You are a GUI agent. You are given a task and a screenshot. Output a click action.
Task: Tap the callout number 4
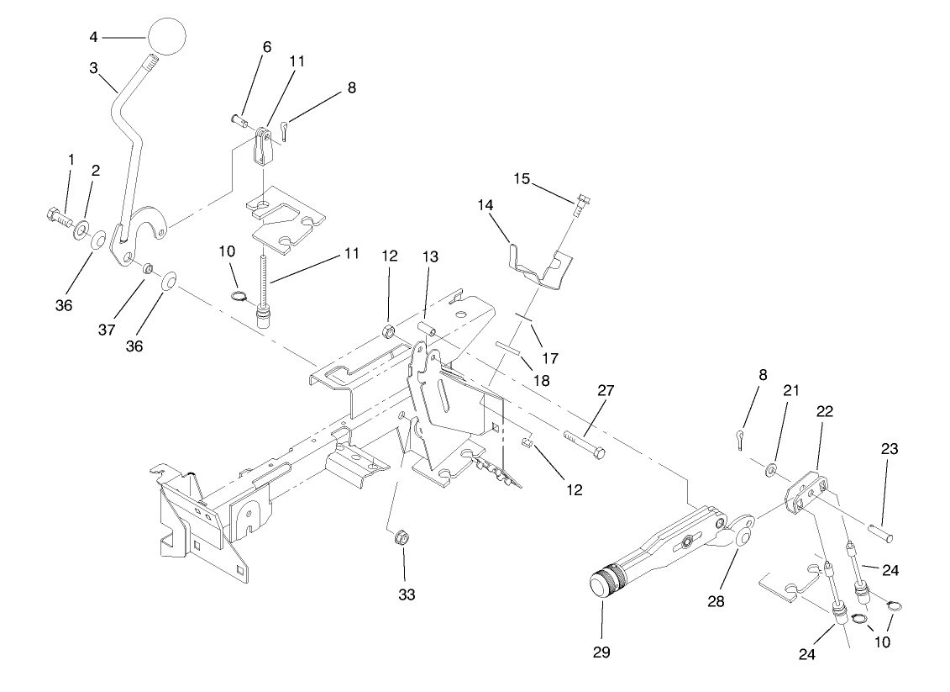coord(94,36)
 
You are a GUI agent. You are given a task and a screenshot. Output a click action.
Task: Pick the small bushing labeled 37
coord(145,268)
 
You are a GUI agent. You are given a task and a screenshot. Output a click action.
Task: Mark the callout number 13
coord(431,257)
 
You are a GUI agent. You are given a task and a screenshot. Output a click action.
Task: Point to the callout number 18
coord(542,380)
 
